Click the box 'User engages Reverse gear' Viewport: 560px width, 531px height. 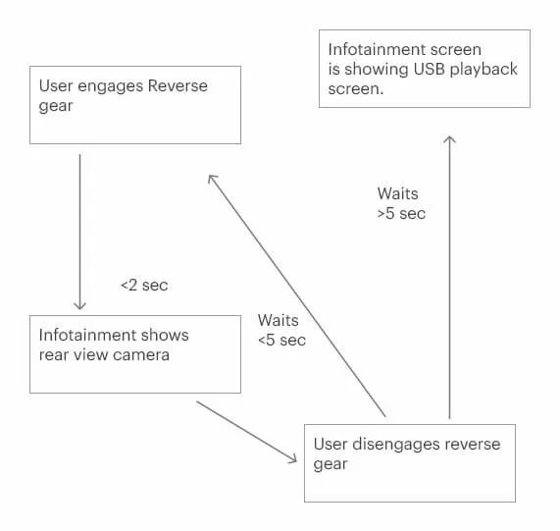(135, 105)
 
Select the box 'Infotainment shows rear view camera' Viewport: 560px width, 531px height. (135, 354)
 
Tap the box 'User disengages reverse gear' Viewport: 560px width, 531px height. (410, 463)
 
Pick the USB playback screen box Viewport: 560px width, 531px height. (425, 69)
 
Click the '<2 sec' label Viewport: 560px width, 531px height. (144, 285)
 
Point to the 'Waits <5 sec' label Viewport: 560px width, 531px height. (280, 330)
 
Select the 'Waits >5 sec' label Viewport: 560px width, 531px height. (401, 203)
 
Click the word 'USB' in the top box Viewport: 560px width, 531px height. (434, 69)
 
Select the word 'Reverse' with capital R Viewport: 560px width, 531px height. (178, 85)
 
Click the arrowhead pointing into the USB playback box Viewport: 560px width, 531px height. (449, 140)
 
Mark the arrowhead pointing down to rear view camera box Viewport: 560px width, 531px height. (79, 305)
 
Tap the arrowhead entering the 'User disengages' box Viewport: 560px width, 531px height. (291, 457)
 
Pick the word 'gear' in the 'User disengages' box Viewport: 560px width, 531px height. (330, 464)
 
